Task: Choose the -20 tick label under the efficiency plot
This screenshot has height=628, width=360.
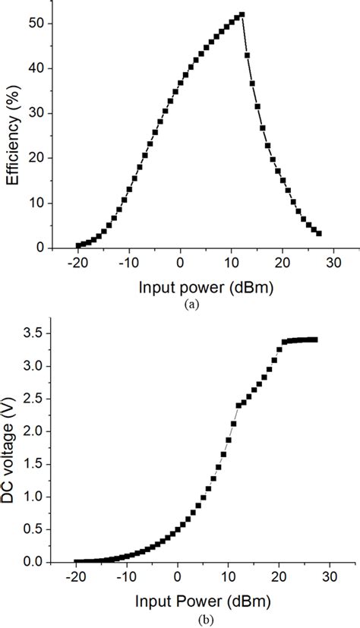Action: tap(77, 263)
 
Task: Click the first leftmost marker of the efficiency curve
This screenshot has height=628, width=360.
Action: tap(78, 245)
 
